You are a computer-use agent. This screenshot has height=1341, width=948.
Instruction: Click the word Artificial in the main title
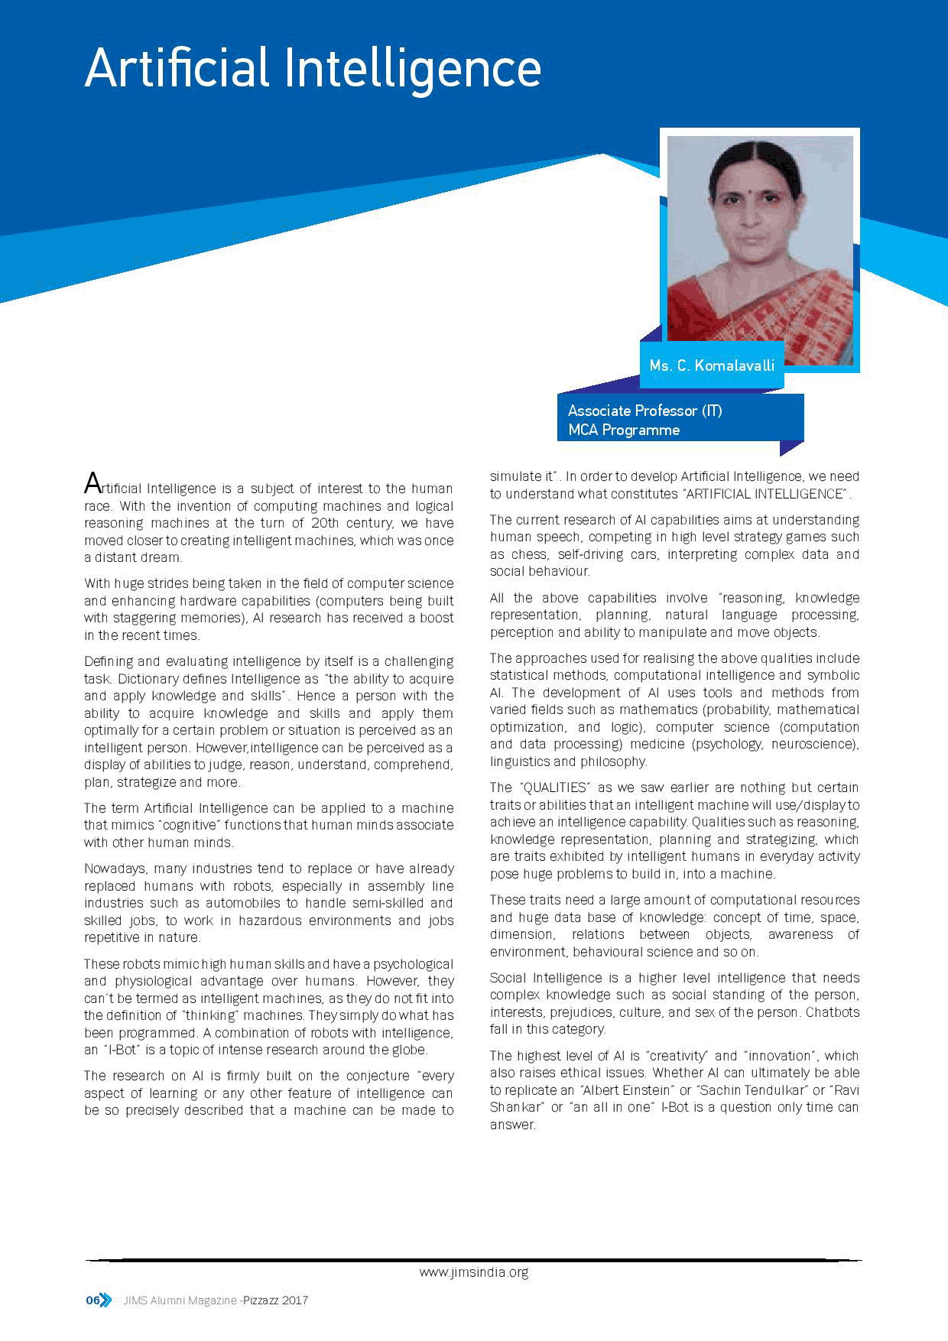177,69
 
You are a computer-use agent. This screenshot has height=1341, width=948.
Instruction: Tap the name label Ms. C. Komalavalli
712,365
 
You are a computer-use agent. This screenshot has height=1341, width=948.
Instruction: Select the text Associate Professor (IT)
644,411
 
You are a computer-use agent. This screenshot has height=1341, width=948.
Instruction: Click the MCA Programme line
624,430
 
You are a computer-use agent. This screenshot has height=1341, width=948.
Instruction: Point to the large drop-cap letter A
93,484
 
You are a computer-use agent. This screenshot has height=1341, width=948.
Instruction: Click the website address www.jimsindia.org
474,1272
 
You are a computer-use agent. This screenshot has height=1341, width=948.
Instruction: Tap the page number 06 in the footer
93,1300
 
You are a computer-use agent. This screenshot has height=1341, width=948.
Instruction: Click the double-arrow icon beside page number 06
106,1300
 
